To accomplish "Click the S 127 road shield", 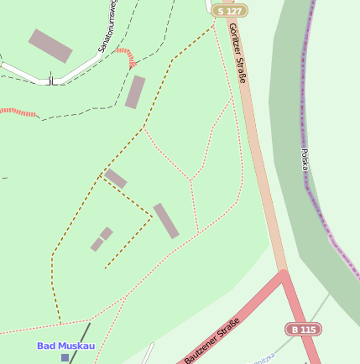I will (230, 11).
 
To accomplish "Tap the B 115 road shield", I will (303, 330).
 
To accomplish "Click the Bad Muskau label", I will (65, 346).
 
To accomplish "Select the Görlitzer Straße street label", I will (237, 54).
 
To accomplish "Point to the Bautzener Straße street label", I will (212, 341).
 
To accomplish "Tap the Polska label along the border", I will (305, 160).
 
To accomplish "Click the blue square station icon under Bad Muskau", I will (65, 357).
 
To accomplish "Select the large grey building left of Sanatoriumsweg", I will (50, 45).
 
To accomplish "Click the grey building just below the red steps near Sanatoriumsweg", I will (135, 92).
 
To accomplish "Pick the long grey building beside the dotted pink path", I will (166, 221).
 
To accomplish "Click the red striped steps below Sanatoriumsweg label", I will (126, 57).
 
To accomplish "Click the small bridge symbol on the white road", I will (51, 81).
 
